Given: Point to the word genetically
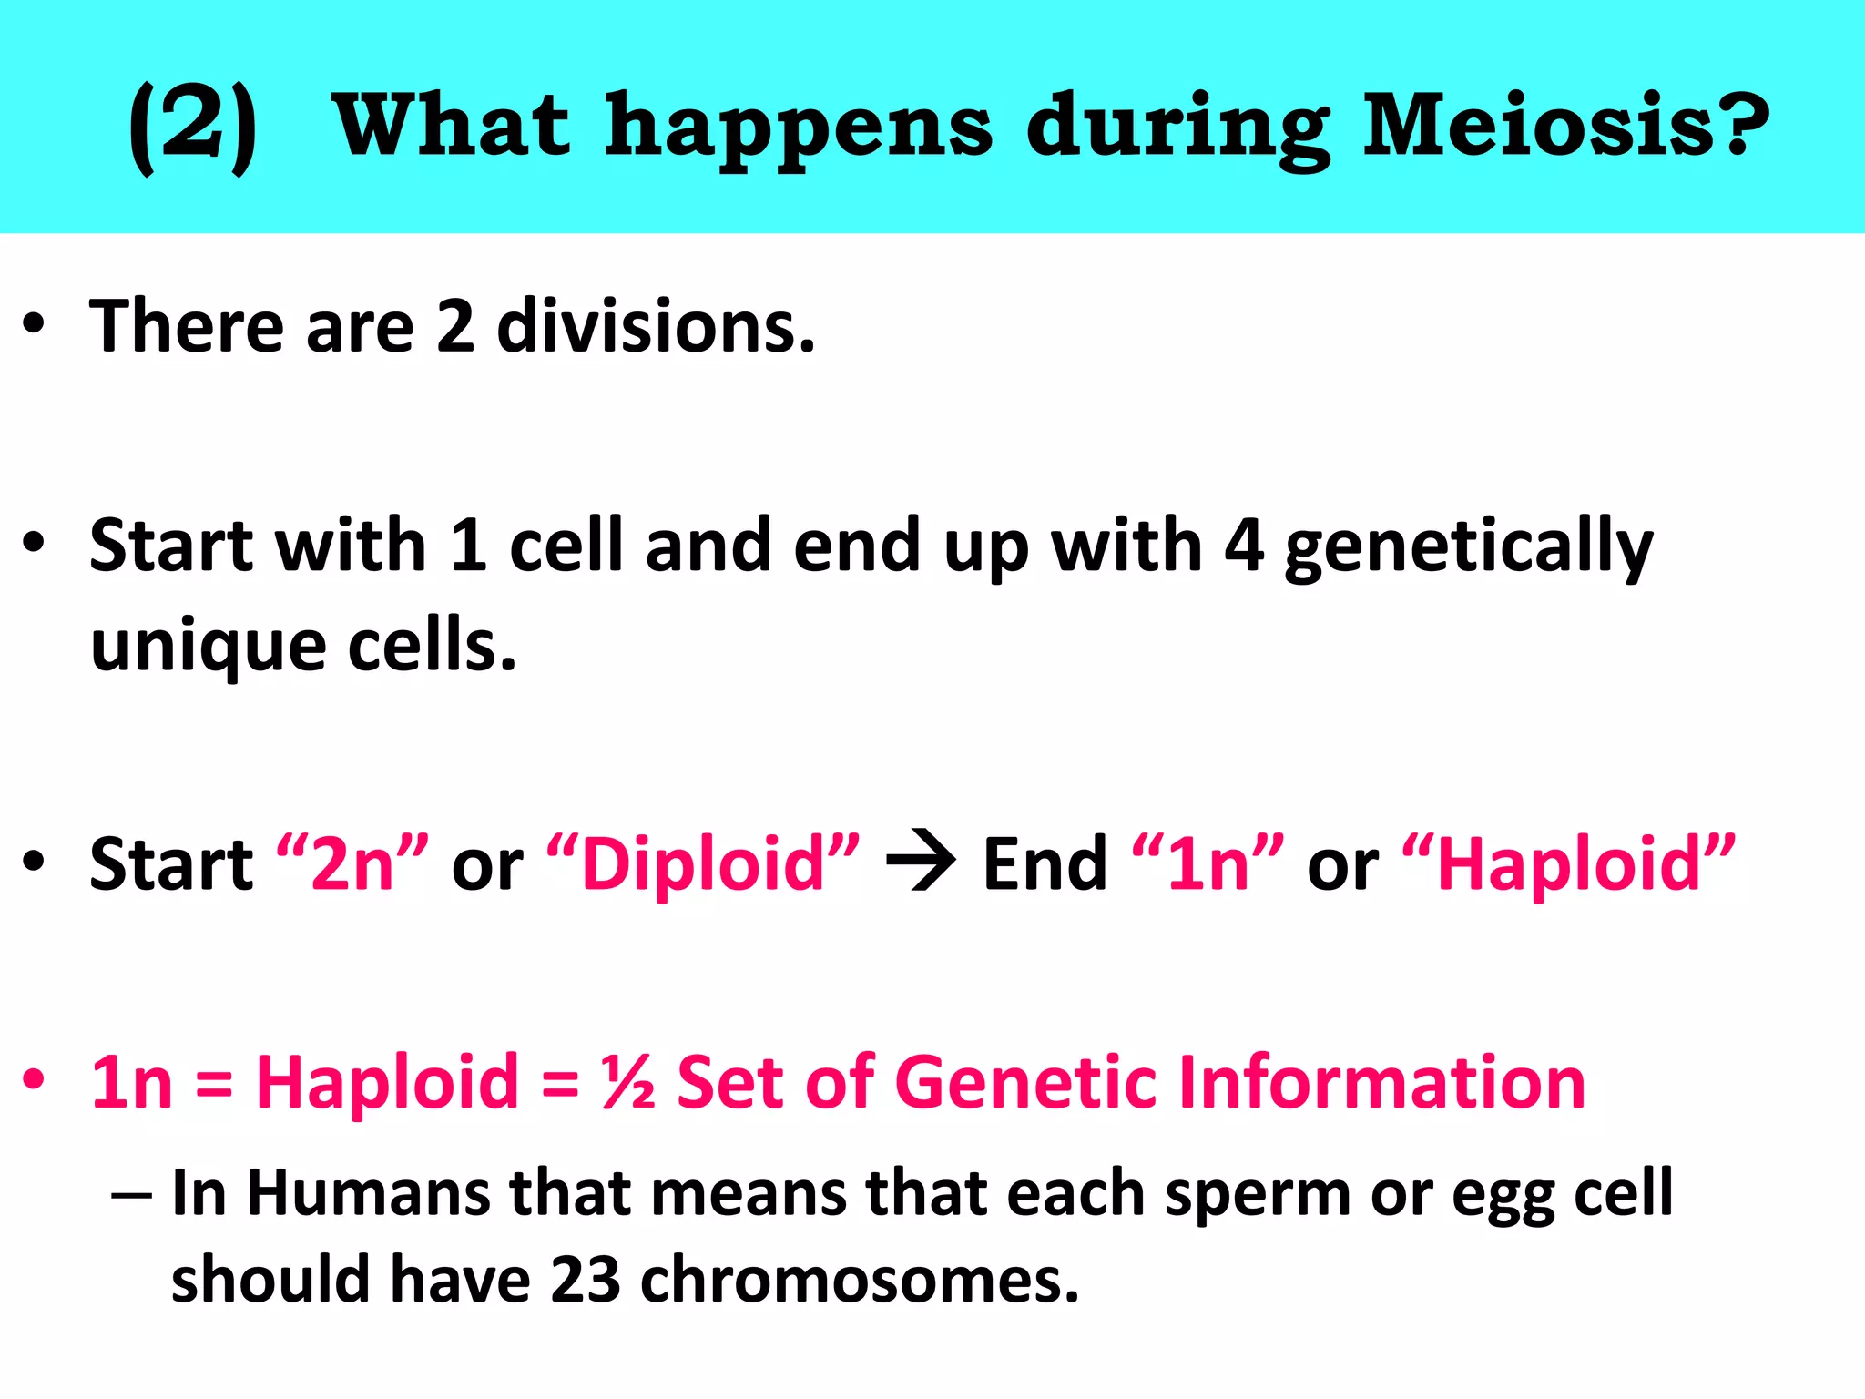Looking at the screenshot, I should [1468, 546].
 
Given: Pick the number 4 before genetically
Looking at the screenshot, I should [1244, 546].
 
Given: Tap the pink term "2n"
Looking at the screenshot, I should [352, 863].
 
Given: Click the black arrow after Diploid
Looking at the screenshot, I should [921, 861].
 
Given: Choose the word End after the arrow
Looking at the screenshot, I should [1045, 863].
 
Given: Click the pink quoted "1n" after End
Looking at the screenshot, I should [1208, 863].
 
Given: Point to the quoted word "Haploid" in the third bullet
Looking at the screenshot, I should [1568, 863].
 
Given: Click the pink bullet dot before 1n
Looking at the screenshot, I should [34, 1078].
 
